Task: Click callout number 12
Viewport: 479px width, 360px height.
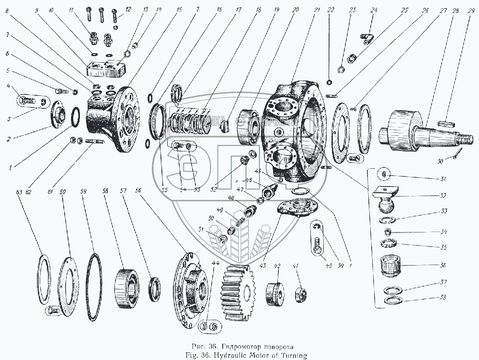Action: (x=128, y=9)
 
